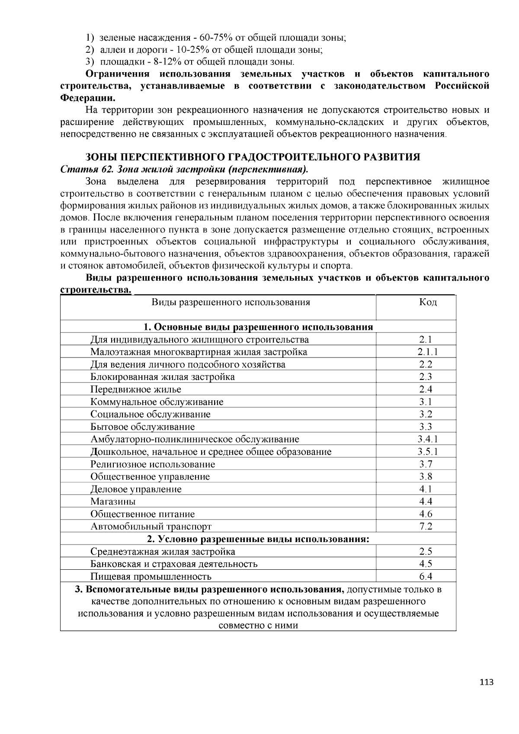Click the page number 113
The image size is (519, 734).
tap(486, 683)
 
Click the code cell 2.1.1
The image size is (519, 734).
tap(428, 352)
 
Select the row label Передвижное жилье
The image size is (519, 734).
tap(136, 389)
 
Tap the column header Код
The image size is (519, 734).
tap(428, 302)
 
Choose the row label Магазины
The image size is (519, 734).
tap(113, 501)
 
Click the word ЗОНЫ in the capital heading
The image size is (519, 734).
tap(100, 157)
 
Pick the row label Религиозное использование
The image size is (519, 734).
tap(153, 464)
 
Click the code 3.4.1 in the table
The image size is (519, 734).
tap(428, 439)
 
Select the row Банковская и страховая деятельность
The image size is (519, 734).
tap(174, 564)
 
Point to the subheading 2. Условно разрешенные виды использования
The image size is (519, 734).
tap(258, 539)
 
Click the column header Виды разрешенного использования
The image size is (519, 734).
tap(231, 302)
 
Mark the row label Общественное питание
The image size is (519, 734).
tap(143, 514)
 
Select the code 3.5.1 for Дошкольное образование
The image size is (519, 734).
tap(428, 452)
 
